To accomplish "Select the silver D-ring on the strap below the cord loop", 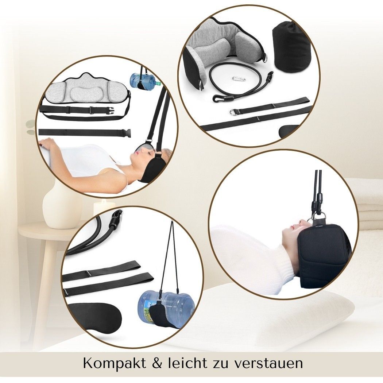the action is point(233,112).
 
